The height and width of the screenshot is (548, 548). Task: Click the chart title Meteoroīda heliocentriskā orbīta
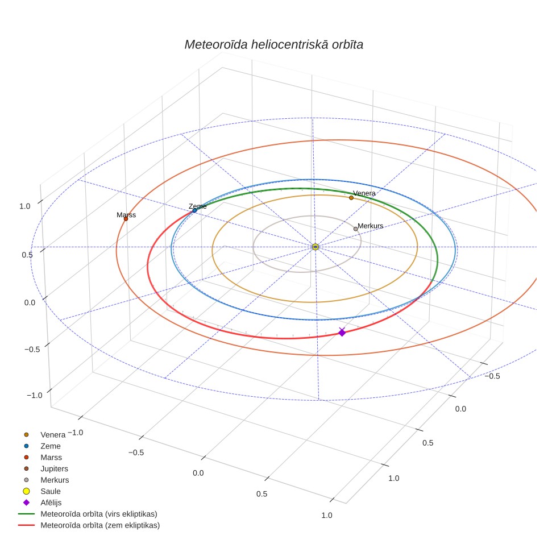click(x=273, y=45)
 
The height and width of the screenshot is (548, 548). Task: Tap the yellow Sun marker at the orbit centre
click(x=315, y=247)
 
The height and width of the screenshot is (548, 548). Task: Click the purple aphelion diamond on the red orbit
click(x=342, y=332)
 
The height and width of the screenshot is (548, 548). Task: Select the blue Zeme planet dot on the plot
click(x=194, y=210)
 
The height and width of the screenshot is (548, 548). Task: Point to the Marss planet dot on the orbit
click(x=126, y=218)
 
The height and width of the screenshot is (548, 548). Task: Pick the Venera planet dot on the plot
click(x=351, y=198)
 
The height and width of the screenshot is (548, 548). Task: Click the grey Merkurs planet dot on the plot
click(x=355, y=229)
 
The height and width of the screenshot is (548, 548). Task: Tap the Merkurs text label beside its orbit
click(x=371, y=226)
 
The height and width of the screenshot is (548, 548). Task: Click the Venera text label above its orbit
click(x=364, y=193)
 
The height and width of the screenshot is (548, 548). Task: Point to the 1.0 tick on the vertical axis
click(x=25, y=206)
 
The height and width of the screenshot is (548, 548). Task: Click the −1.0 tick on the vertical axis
click(x=34, y=395)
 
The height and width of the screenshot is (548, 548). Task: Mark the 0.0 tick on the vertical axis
click(x=30, y=302)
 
